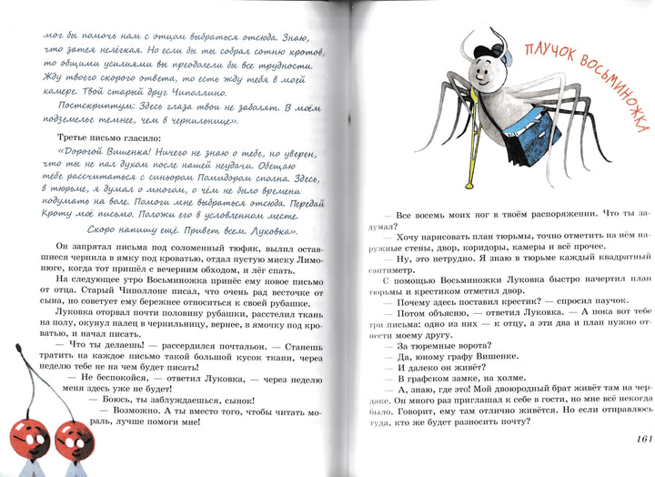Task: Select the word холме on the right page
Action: coord(537,382)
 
